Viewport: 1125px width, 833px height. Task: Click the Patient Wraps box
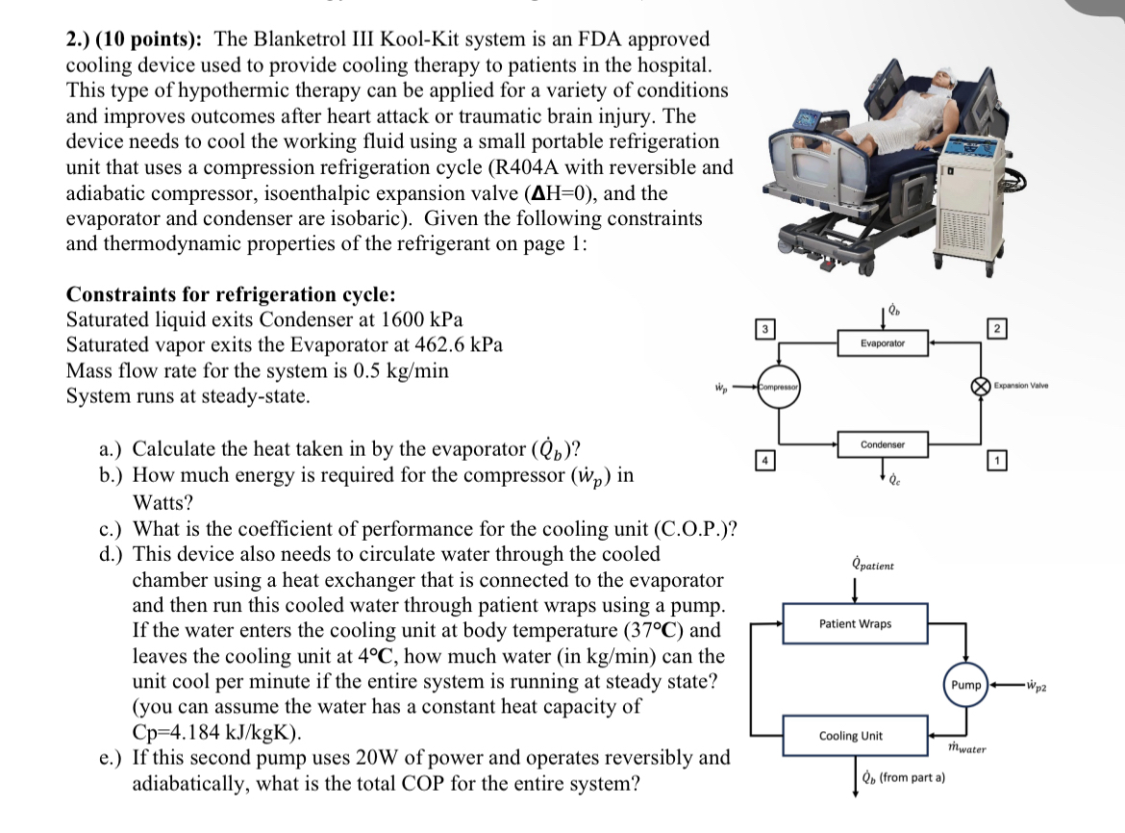point(855,623)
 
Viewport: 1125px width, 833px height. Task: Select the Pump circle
point(965,685)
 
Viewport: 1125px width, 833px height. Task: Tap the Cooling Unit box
point(850,736)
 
